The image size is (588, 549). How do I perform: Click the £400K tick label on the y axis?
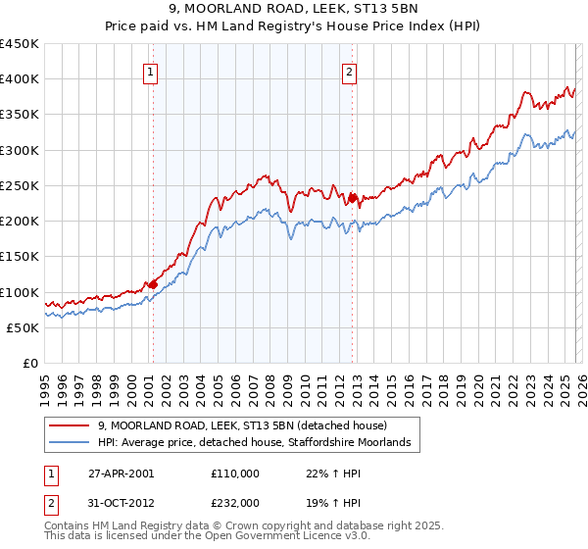tap(20, 79)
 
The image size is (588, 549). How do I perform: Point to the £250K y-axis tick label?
tap(20, 185)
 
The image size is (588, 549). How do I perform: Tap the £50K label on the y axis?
tap(24, 327)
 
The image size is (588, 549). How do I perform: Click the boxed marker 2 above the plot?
tap(350, 71)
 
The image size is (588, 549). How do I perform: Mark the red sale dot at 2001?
tap(153, 285)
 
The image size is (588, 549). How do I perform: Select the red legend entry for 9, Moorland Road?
tap(243, 425)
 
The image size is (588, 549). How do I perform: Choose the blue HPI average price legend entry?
tap(259, 443)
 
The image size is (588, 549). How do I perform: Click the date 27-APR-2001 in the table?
tap(121, 473)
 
